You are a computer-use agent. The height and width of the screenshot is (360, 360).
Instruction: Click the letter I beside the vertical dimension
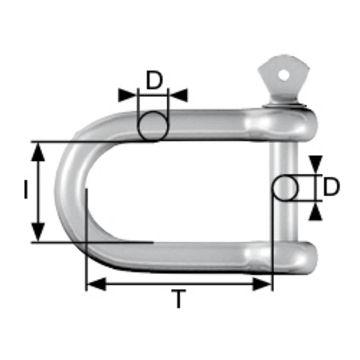26,190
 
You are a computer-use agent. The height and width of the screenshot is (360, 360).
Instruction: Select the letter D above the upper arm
154,81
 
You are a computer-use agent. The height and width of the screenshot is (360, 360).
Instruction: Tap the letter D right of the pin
331,188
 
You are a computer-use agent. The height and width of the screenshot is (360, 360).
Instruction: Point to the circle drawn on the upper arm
153,126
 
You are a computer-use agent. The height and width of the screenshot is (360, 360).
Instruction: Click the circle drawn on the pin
285,188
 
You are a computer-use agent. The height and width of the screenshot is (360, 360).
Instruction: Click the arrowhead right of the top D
179,95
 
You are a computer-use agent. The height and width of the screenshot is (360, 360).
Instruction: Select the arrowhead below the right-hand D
316,212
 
